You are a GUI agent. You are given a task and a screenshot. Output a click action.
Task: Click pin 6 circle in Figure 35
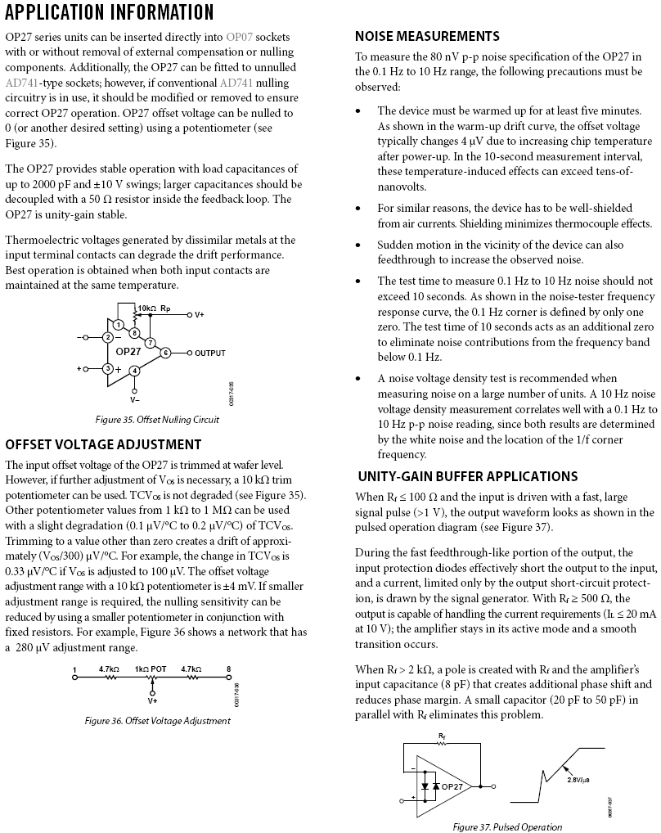[x=165, y=353]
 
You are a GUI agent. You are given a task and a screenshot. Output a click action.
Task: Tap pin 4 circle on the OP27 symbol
[x=135, y=371]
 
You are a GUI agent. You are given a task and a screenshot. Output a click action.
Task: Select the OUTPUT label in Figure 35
[x=209, y=353]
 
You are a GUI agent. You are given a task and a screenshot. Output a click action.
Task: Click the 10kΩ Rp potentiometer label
[x=154, y=308]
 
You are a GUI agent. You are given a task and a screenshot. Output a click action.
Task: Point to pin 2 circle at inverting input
[x=107, y=337]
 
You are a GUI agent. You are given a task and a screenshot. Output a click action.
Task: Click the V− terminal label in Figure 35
[x=135, y=400]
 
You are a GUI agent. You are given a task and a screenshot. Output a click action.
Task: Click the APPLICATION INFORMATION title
[x=110, y=12]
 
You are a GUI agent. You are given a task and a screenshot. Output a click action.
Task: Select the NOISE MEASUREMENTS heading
[x=427, y=36]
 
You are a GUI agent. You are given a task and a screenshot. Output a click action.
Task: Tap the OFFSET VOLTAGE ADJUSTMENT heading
[x=103, y=444]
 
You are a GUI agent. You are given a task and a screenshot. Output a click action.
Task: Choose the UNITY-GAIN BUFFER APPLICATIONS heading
[x=467, y=476]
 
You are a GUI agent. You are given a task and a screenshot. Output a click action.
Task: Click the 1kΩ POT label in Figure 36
[x=151, y=669]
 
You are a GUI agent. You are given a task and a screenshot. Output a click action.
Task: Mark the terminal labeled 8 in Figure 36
[x=228, y=669]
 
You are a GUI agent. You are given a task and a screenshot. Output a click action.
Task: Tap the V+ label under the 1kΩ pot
[x=152, y=700]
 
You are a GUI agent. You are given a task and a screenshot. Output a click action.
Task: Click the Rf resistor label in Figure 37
[x=442, y=736]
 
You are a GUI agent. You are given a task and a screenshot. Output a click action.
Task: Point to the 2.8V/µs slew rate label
[x=581, y=779]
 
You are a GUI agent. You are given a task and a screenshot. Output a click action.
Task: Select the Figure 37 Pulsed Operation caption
[x=507, y=826]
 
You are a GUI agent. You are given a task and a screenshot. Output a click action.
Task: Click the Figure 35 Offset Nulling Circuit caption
[x=157, y=420]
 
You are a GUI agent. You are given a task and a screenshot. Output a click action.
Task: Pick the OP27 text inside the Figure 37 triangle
[x=452, y=786]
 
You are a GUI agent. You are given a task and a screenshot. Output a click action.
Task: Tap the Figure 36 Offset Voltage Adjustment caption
[x=157, y=721]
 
